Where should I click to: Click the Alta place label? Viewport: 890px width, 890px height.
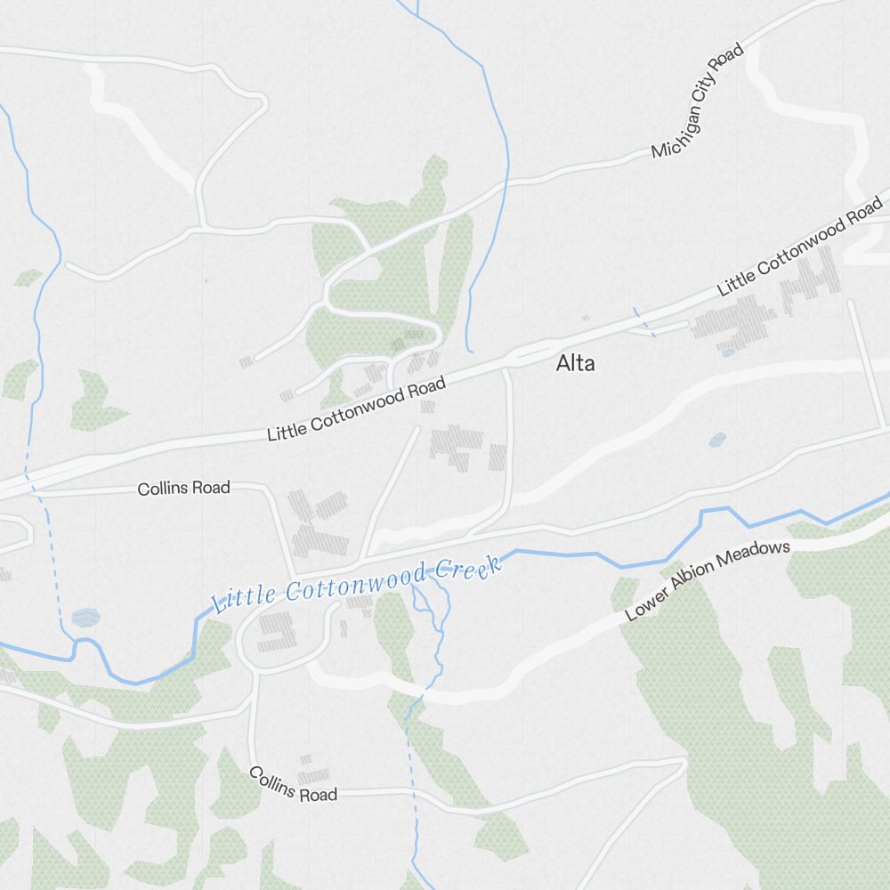(576, 363)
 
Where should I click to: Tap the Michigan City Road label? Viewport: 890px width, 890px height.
(698, 101)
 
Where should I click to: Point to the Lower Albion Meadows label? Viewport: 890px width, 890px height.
(708, 580)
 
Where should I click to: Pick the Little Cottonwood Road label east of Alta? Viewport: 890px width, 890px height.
(800, 246)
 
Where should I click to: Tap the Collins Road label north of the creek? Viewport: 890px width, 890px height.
(183, 488)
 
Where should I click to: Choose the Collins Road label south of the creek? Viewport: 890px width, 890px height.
(293, 783)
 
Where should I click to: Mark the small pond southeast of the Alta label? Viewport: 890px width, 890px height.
(717, 440)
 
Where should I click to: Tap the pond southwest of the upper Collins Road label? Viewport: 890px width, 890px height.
(85, 617)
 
